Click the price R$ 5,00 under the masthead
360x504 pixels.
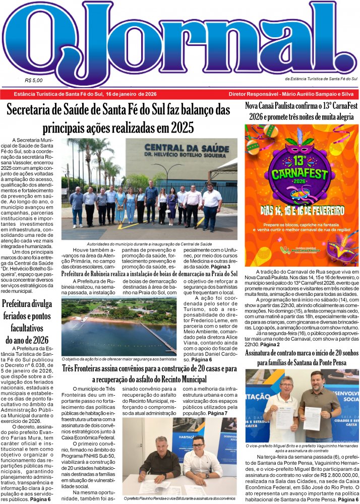click(33, 80)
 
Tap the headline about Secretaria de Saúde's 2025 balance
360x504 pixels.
click(118, 117)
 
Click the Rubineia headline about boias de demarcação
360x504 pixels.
click(149, 274)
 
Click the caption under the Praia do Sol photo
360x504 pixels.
click(119, 359)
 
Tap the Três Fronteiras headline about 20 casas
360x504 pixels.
click(149, 374)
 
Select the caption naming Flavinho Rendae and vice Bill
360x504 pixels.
click(179, 499)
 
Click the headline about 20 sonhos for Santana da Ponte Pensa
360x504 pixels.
click(302, 357)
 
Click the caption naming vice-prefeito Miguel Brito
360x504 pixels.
click(302, 449)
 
